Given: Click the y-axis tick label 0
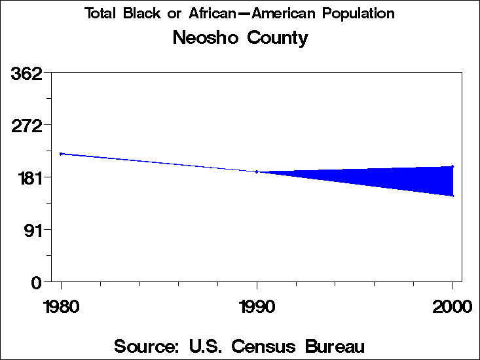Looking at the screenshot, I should point(37,282).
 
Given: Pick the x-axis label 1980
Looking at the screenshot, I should point(61,307).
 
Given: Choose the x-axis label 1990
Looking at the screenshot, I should point(257,307).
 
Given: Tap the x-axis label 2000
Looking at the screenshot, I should point(452,307).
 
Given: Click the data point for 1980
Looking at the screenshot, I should point(61,154).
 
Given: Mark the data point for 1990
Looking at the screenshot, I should point(257,171).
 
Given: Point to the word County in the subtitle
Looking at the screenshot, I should point(278,38).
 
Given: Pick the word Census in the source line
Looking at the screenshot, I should point(268,346).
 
